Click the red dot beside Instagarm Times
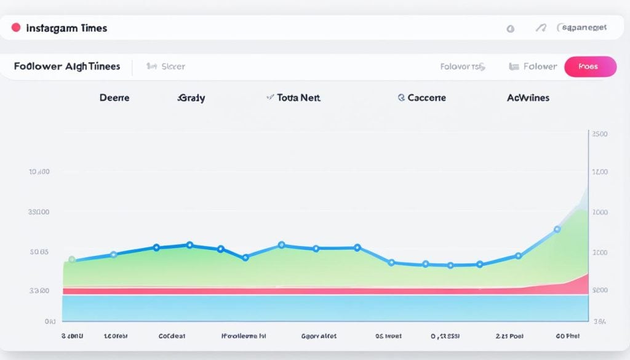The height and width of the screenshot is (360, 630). pos(16,28)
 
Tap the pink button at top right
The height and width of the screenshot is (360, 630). pos(589,66)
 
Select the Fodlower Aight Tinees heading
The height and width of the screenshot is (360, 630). pos(67,66)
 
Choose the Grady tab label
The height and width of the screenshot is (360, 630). pos(191,97)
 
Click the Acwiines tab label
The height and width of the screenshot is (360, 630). pos(528,97)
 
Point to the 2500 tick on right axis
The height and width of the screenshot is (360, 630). pos(599,134)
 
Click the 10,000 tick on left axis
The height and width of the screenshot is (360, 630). pos(38,172)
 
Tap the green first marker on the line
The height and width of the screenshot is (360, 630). pos(71,260)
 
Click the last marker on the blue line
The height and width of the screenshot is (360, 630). pos(557,230)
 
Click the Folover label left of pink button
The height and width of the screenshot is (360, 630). pos(540,66)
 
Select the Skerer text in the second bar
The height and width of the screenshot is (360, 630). pos(172,66)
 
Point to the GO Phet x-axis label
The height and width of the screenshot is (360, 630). pos(567,337)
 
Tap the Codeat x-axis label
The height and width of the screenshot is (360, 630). pos(172,337)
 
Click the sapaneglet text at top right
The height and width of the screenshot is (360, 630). pos(583,28)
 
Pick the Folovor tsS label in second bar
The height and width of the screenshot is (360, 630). pos(462,66)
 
